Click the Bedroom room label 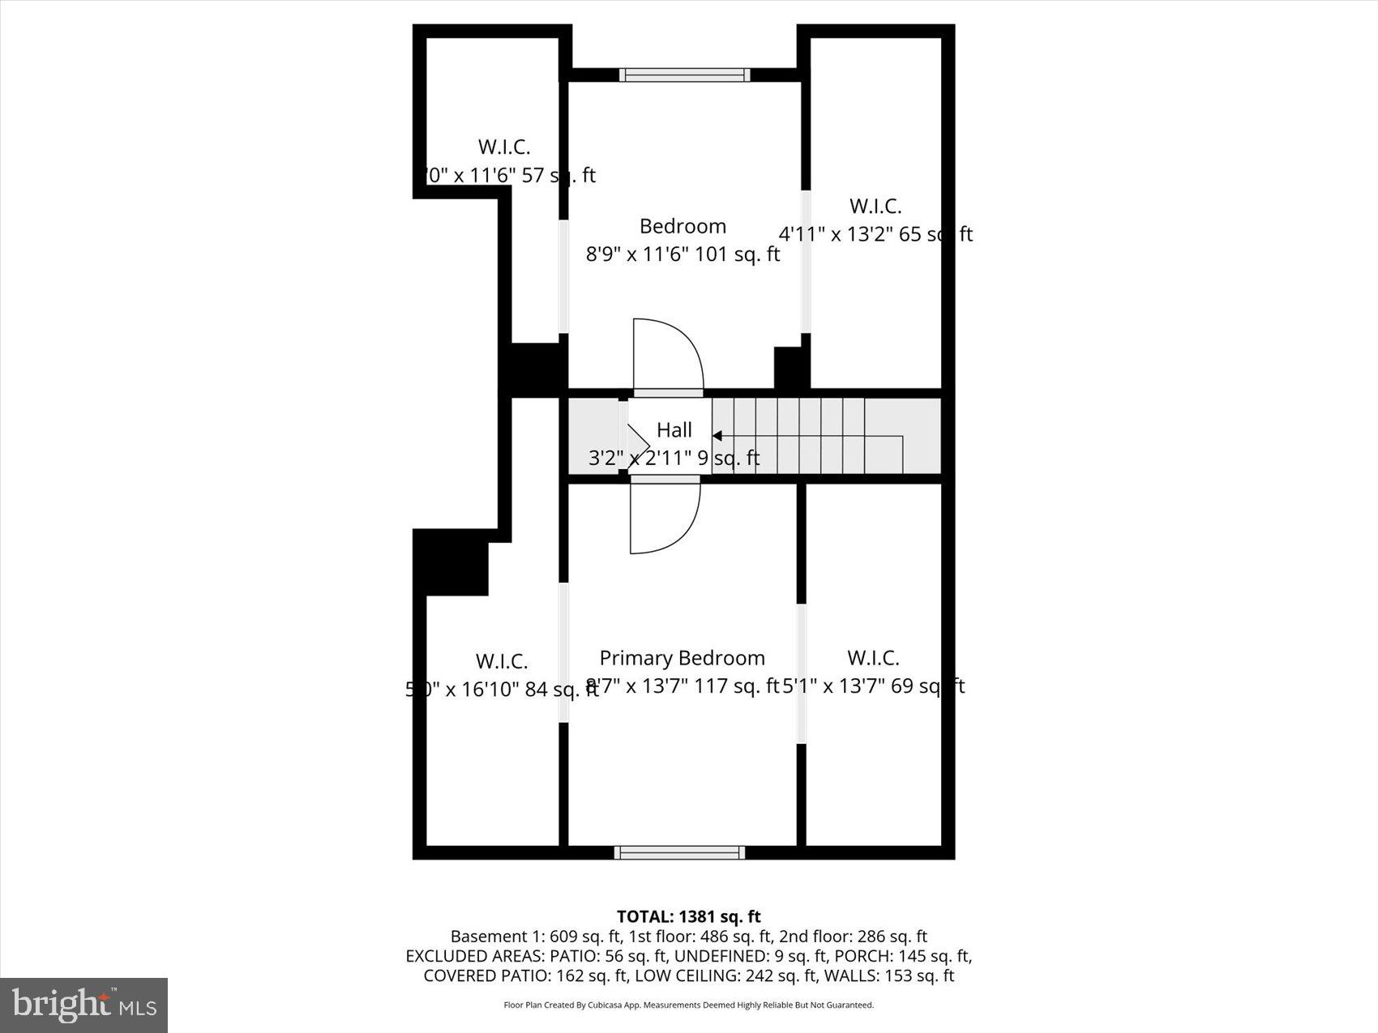coord(683,226)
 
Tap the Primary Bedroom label coord(682,658)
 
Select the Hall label coord(674,430)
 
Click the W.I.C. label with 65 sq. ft coord(875,206)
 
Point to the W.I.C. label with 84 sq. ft coord(502,662)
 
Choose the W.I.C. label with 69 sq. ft coord(873,658)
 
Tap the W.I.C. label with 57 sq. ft coord(504,147)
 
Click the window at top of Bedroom coord(684,75)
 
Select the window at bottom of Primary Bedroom coord(679,852)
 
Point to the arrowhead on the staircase coord(717,436)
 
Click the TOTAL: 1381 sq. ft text coord(688,916)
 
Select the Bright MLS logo coord(84,1005)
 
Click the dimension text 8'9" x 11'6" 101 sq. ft coord(683,254)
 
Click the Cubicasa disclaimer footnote coord(688,1005)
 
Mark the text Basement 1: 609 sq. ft coord(536,937)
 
